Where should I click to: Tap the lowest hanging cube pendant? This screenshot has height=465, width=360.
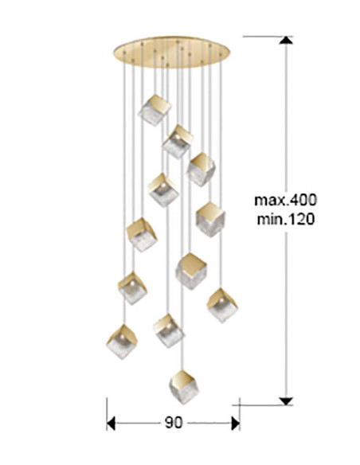[x=183, y=387]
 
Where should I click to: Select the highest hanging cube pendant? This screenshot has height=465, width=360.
[x=155, y=110]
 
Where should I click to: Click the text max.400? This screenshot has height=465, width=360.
[x=286, y=200]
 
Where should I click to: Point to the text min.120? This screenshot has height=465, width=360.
[x=285, y=220]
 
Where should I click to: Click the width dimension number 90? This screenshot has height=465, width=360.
[x=174, y=422]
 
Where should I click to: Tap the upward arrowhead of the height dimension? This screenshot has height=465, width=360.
[x=286, y=41]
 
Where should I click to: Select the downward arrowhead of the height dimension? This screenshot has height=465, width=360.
[x=286, y=401]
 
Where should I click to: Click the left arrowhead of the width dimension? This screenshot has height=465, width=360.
[x=111, y=423]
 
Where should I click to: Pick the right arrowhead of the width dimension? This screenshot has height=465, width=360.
[x=236, y=423]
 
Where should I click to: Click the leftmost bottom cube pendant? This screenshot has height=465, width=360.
[x=122, y=342]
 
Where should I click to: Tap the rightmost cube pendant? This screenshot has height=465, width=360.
[x=222, y=305]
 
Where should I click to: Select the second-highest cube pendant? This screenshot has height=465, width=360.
[x=178, y=142]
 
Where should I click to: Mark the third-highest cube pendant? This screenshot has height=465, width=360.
[x=201, y=170]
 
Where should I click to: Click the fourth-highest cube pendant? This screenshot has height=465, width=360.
[x=163, y=190]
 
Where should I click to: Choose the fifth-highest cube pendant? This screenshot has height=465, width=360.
[x=210, y=220]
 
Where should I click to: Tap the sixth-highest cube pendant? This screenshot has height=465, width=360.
[x=142, y=235]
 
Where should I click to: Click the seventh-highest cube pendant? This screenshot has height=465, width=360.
[x=191, y=271]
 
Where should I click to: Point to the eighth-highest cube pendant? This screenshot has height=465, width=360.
[x=132, y=288]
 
